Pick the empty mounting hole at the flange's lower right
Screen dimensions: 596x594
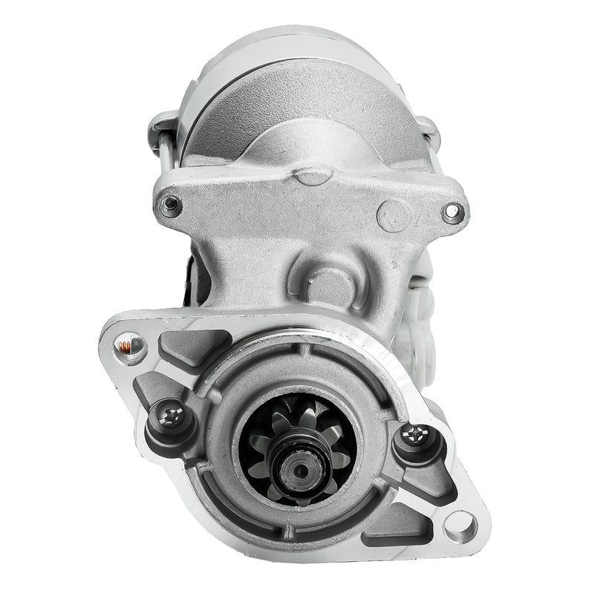click(x=459, y=525)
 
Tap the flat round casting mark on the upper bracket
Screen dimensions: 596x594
click(x=394, y=215)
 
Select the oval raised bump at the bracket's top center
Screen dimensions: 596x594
click(x=312, y=176)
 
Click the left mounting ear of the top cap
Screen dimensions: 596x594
click(x=162, y=125)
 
